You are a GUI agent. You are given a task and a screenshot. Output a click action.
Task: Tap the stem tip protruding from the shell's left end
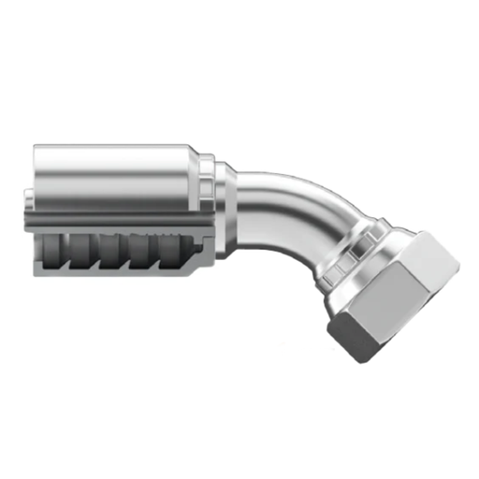[29, 198]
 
